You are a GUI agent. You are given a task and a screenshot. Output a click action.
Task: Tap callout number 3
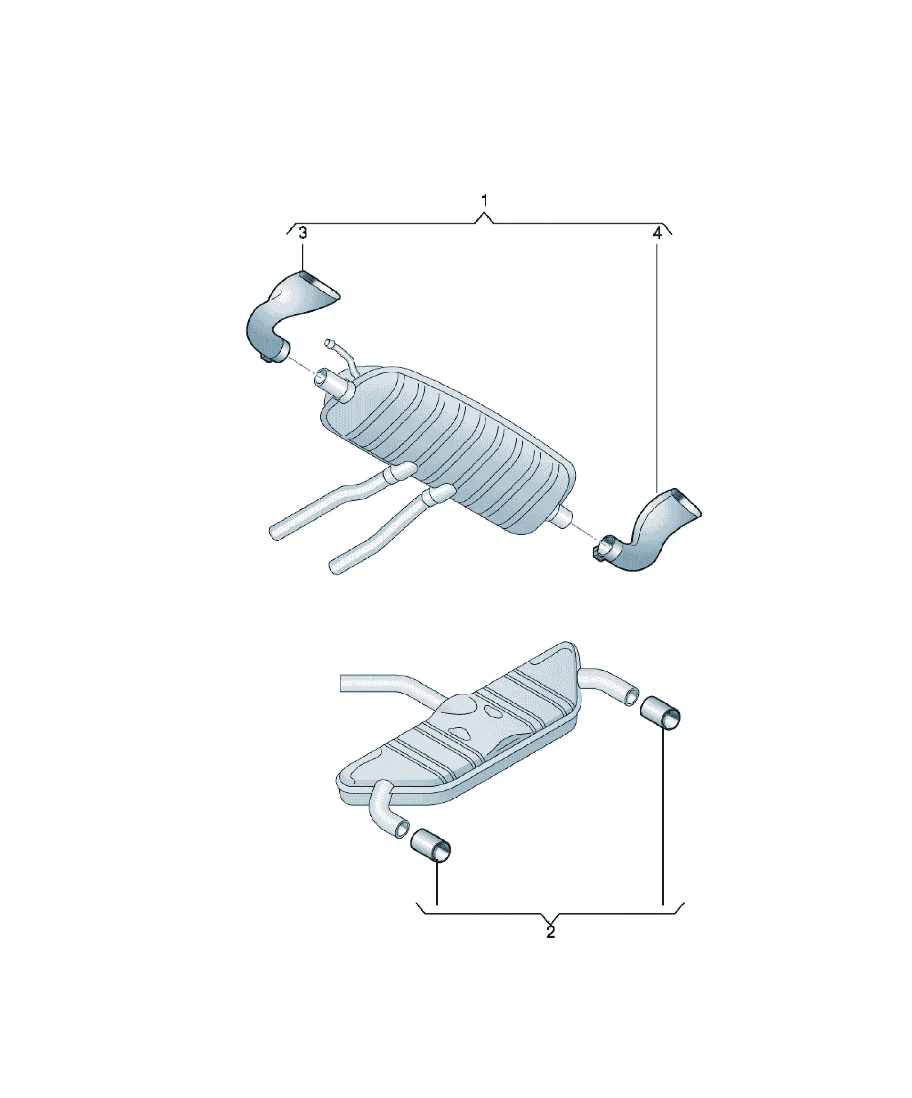303,233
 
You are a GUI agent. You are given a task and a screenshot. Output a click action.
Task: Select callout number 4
657,233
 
